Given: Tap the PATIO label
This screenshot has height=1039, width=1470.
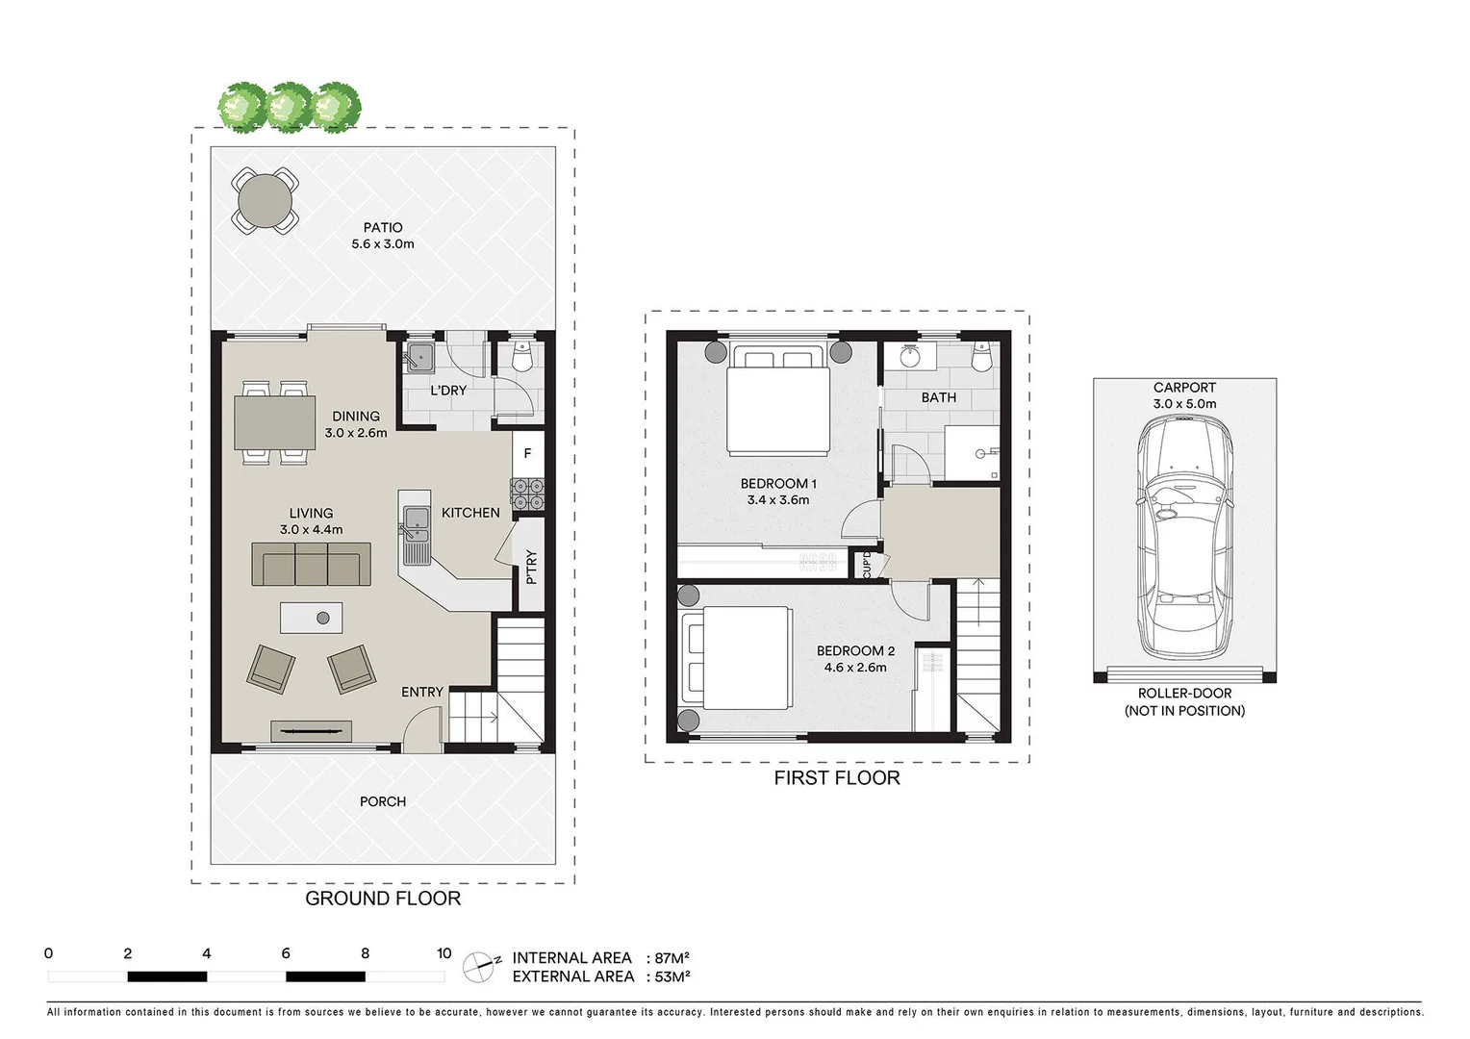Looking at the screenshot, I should pos(383,228).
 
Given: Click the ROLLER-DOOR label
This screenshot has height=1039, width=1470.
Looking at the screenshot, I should pos(1184,694).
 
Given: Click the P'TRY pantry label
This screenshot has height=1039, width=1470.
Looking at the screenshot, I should pos(530,567).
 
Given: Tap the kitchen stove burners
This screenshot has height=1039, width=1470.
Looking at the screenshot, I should pos(527,494).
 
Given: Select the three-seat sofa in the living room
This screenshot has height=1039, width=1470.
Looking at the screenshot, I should pos(311,565).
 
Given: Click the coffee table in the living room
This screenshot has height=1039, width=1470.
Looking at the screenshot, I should pos(311,617).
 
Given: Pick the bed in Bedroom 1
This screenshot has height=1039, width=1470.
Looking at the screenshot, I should pos(777,403).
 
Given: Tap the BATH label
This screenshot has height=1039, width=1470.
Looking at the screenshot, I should pos(939,397).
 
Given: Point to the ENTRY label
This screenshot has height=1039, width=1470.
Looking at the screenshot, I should pos(422,692).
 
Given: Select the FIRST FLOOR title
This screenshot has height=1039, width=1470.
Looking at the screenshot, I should pos(837,778).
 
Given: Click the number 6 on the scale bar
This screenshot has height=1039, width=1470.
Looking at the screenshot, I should pos(286,953).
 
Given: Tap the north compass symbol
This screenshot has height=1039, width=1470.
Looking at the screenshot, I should pos(480,967).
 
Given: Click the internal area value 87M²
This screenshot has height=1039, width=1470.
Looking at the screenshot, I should pos(672,958).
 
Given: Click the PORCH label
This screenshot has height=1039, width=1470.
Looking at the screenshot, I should pos(383,801).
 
